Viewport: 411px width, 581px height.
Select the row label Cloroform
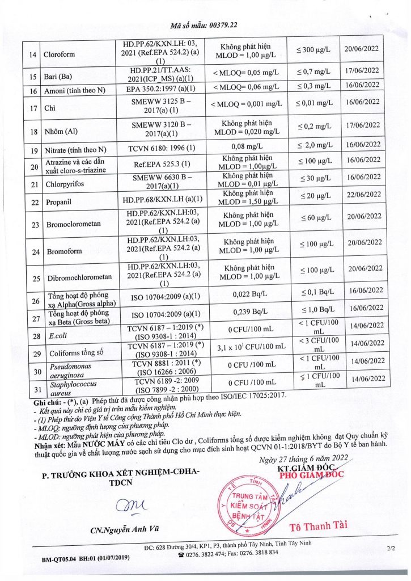pyautogui.click(x=62, y=54)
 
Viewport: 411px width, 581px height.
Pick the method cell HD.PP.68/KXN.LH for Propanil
pyautogui.click(x=163, y=201)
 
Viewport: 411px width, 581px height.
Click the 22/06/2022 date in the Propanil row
pyautogui.click(x=363, y=201)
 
